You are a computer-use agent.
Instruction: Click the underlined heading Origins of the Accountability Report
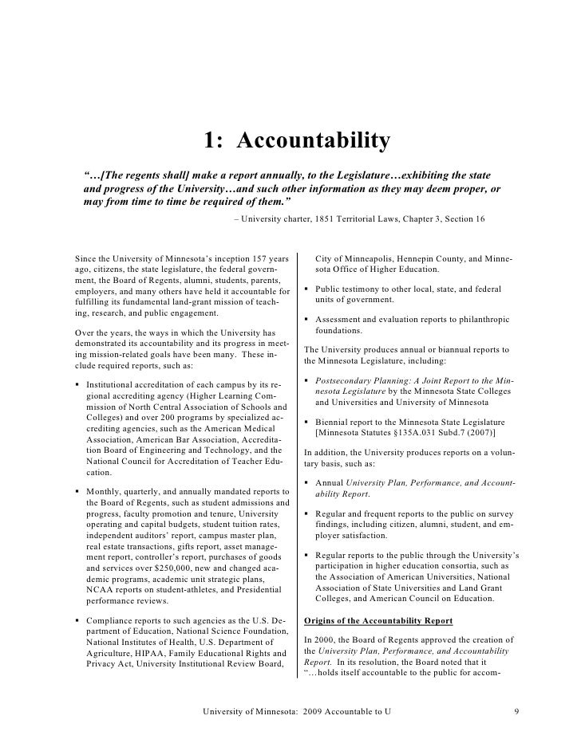[x=379, y=621]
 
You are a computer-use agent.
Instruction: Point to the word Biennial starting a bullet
[x=334, y=422]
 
